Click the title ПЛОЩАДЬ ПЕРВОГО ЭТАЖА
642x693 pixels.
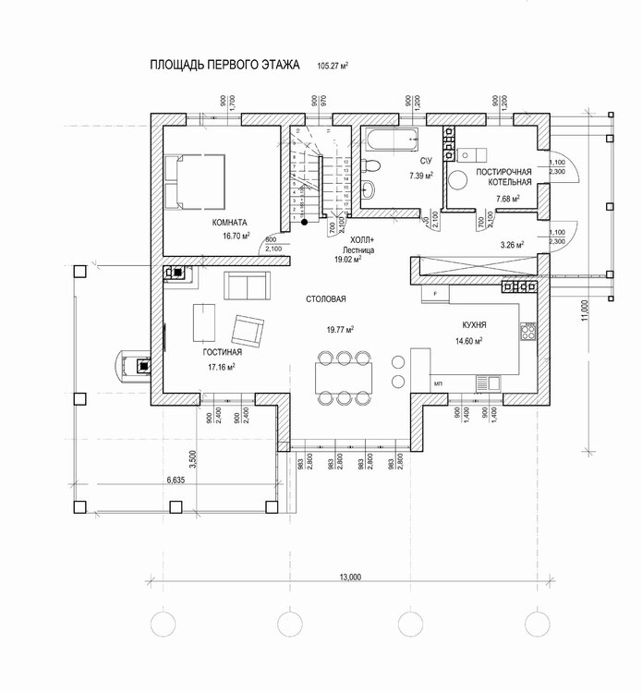pos(224,67)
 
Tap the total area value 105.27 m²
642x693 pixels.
pos(338,67)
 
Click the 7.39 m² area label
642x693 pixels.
pos(421,175)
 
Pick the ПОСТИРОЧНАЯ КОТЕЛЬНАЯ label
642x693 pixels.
pos(504,177)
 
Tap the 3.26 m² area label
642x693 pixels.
pos(512,246)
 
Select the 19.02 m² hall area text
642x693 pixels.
pos(346,261)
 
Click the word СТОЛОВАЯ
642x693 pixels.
pos(327,300)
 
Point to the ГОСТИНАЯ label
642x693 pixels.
pos(222,353)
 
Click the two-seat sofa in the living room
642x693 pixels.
pos(246,286)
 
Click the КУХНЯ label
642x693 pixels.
pos(474,326)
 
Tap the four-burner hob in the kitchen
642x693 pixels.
pos(529,330)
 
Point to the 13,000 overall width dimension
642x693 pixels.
pos(350,577)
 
